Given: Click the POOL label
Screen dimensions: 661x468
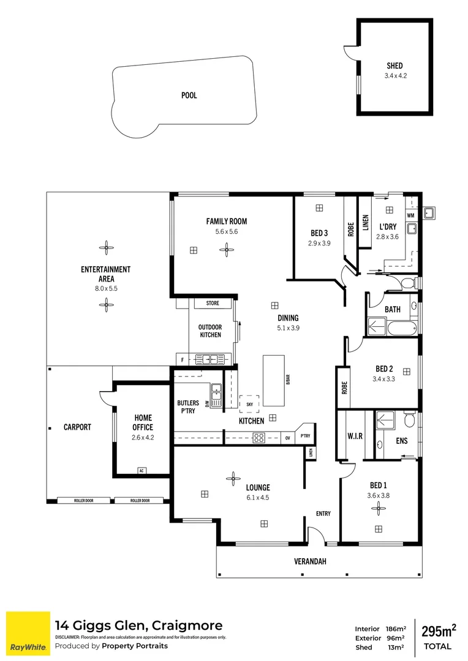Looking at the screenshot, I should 189,95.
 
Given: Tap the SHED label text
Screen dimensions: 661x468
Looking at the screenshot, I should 394,65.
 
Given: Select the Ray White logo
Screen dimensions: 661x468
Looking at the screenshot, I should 28,633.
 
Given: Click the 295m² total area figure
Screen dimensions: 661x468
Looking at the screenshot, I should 438,630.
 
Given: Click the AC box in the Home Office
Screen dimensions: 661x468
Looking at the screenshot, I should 142,471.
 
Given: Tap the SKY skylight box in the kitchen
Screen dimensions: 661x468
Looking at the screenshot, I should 249,404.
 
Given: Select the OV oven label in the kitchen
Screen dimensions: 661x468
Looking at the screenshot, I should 288,438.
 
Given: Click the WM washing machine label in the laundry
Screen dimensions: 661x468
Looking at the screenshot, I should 410,215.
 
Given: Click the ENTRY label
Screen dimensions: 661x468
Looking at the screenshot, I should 323,513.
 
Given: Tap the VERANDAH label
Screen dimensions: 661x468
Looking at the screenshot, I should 309,560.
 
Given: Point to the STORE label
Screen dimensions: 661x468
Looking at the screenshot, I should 213,303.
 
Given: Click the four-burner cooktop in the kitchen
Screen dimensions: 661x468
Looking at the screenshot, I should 259,438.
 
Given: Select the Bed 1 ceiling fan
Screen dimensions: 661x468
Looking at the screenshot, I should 379,507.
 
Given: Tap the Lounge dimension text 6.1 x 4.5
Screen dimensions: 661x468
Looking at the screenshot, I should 258,498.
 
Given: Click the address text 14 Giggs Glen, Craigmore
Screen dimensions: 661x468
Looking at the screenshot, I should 139,626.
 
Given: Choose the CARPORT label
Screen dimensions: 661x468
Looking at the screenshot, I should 77,427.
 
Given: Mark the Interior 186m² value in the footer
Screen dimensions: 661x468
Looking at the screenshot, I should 396,629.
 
